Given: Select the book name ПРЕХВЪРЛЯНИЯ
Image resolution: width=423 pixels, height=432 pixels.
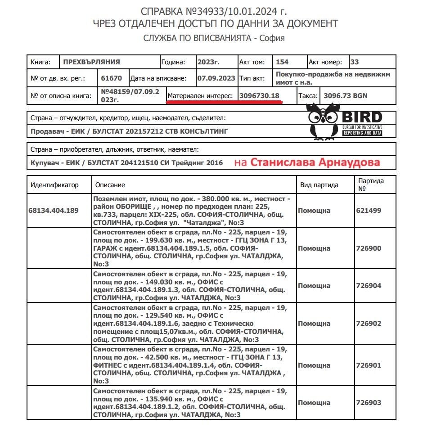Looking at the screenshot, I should click(91, 62).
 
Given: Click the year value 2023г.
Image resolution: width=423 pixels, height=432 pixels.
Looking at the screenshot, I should click(208, 62).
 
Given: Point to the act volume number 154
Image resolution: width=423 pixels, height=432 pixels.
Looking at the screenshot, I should click(282, 62).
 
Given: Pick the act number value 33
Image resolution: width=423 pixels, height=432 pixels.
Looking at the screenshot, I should click(355, 62).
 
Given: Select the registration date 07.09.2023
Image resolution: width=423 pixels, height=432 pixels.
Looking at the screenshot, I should click(216, 78).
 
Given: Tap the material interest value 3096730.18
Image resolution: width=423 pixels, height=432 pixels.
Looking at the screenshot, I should click(260, 95).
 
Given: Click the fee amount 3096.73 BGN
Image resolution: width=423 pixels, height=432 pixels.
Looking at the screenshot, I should click(342, 95).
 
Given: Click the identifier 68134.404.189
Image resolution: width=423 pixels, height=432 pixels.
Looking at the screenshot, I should click(53, 210).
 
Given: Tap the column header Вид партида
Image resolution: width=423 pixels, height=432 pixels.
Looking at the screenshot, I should click(319, 185).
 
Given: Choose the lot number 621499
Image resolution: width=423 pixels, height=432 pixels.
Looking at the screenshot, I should click(369, 210).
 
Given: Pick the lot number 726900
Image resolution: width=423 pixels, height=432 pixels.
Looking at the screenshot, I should click(369, 248).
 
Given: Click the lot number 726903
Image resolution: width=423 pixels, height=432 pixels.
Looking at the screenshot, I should click(369, 403).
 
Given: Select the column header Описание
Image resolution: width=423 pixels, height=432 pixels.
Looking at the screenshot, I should click(110, 185).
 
